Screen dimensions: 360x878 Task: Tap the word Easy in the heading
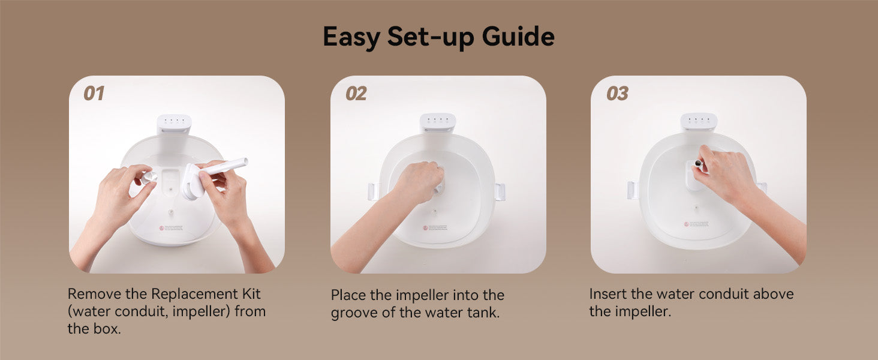pos(351,37)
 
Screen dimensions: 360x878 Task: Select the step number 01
pos(94,94)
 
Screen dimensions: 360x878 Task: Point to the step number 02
pos(356,94)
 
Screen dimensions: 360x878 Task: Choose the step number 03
pos(617,94)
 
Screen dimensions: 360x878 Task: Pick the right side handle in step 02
pos(499,192)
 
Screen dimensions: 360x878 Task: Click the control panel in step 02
pos(437,121)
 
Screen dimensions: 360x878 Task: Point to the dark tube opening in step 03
pos(698,163)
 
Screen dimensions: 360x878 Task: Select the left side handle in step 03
pos(632,190)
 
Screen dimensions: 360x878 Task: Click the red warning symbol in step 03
pos(686,224)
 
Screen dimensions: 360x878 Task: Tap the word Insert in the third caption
pos(607,294)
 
